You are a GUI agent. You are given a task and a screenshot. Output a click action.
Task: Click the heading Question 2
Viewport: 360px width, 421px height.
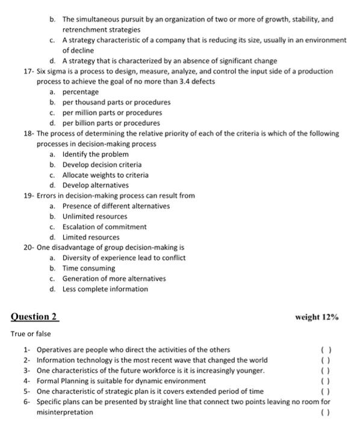tap(34, 316)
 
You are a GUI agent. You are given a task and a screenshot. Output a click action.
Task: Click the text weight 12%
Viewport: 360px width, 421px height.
tap(317, 317)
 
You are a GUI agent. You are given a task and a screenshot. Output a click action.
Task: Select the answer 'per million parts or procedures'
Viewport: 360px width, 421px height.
tap(112, 112)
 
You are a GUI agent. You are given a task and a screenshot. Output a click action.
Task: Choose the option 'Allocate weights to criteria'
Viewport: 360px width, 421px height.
tap(105, 175)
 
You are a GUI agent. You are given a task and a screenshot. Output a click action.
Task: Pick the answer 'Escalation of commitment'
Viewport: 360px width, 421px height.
tap(104, 227)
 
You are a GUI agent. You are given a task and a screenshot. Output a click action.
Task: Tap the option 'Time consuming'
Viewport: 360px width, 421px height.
tap(88, 268)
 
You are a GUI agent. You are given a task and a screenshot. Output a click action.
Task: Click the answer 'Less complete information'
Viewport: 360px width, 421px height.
tap(105, 289)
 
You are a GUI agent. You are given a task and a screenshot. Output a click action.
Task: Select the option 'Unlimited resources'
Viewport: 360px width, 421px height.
tap(95, 217)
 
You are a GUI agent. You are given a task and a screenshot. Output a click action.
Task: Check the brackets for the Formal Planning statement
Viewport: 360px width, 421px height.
tap(326, 381)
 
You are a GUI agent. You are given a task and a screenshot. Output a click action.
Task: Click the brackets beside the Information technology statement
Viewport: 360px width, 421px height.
tap(326, 360)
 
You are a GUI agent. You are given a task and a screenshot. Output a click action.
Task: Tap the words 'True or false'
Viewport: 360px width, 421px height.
tap(30, 334)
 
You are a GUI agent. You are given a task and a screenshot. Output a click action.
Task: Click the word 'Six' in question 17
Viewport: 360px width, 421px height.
tap(42, 71)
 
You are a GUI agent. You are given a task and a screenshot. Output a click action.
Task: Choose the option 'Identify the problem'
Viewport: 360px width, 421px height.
tap(95, 155)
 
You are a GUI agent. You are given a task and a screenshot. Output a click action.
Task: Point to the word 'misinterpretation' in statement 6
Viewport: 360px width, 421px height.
tap(65, 413)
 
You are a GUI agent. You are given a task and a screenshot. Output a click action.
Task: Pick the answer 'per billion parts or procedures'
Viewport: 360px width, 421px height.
tap(111, 123)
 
